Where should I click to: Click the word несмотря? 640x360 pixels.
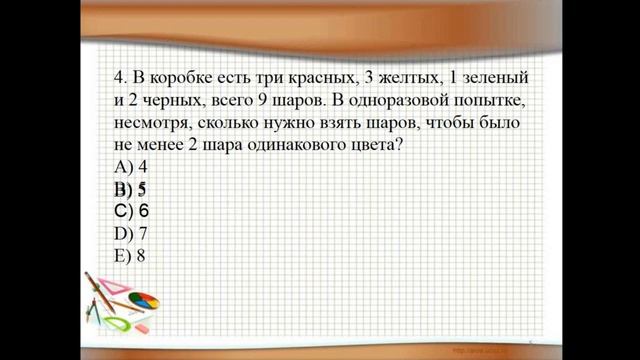152,123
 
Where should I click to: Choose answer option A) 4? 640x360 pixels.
126,167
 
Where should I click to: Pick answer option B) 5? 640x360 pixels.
126,189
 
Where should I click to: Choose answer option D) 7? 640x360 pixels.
126,233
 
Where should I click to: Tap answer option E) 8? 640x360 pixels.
126,255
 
